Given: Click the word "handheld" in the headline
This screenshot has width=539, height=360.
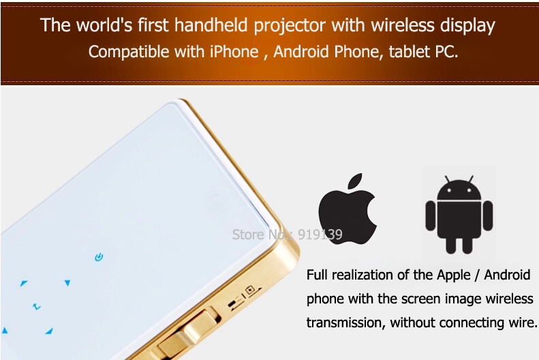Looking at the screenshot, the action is pos(211,25).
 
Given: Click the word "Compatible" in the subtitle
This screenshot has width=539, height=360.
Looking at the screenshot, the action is pos(129,52).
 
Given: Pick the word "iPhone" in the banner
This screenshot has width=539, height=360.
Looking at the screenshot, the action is pos(234,52).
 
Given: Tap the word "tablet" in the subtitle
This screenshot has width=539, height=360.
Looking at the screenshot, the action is pos(410,52).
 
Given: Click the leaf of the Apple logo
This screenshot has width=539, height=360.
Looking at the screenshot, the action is pos(356,181).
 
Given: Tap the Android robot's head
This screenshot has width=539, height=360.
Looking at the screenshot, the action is pos(459,189).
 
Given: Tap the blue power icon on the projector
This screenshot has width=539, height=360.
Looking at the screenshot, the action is pos(99,257).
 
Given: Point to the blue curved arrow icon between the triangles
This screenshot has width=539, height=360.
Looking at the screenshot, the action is pos(36,306).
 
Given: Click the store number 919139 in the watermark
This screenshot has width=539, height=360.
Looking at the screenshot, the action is pos(320,235).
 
